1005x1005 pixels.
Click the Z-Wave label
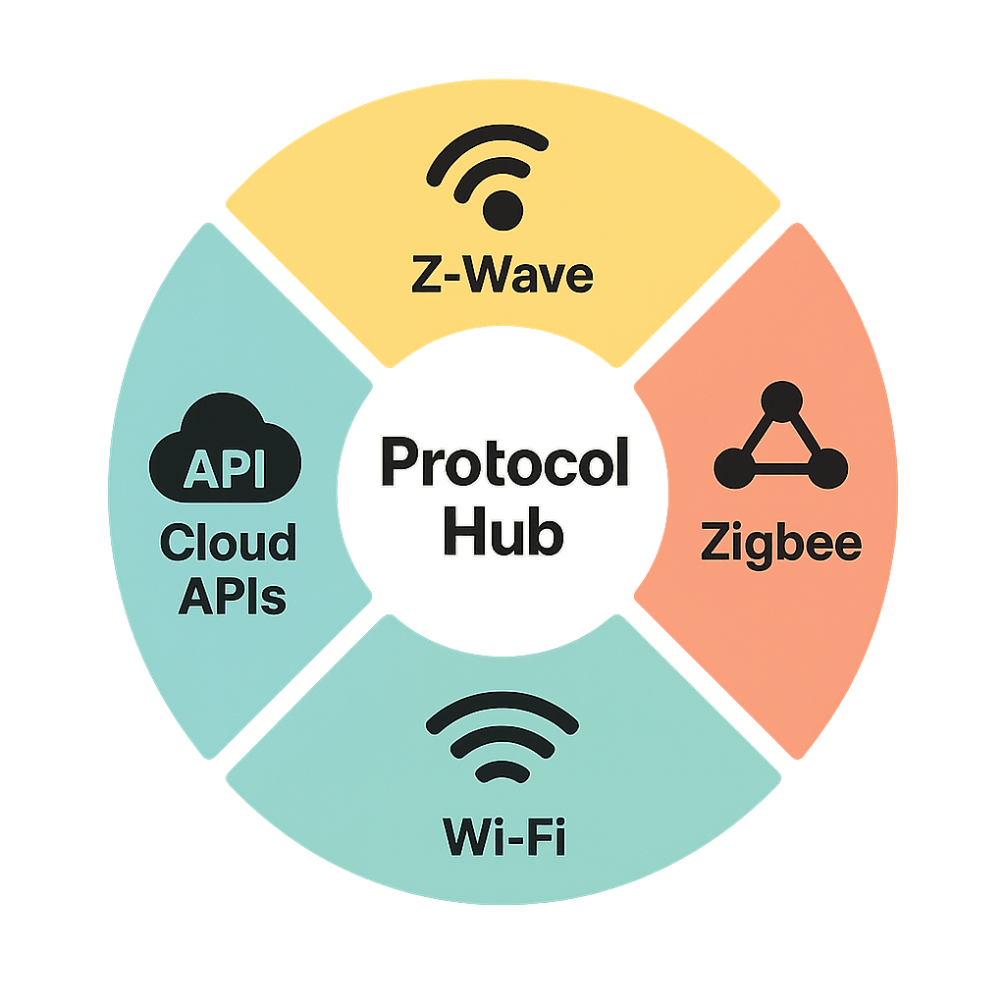pos(502,276)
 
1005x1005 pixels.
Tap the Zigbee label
pos(781,542)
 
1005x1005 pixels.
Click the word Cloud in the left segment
pos(228,542)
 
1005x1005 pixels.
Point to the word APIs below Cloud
pos(232,595)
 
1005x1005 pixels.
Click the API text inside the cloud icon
pos(225,468)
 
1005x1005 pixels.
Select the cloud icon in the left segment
pos(225,447)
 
